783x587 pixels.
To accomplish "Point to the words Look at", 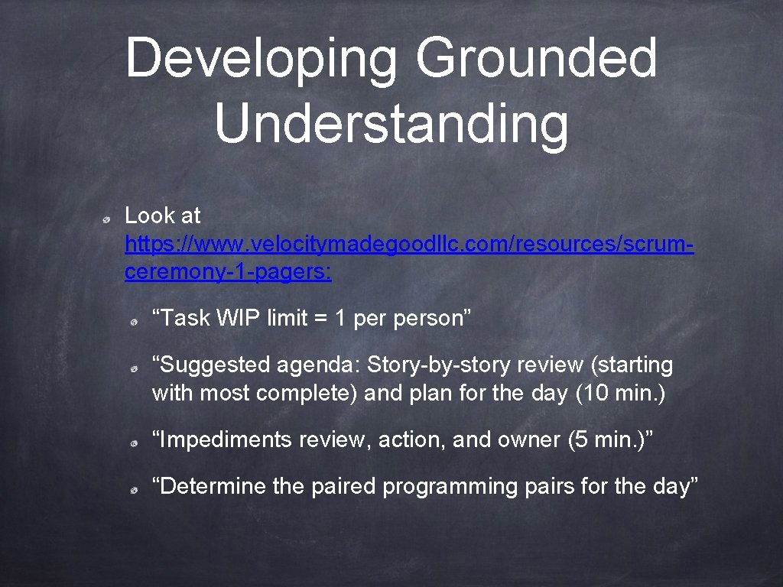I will pos(162,216).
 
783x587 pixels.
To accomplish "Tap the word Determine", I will pos(210,486).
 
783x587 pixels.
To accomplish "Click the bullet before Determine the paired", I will pos(133,490).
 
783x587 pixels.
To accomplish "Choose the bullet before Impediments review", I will pos(133,443).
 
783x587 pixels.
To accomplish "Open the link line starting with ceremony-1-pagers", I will pos(228,273).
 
